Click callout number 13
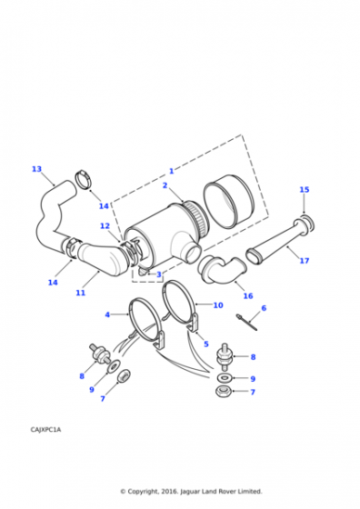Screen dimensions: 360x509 click(x=36, y=169)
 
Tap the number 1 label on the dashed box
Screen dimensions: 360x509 click(x=172, y=171)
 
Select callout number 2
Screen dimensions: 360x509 click(x=165, y=185)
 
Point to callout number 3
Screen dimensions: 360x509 click(x=159, y=274)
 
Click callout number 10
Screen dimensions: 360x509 click(x=218, y=305)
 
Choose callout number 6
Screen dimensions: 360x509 click(x=264, y=308)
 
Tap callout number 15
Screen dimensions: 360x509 click(x=305, y=189)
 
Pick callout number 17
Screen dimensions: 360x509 click(x=305, y=260)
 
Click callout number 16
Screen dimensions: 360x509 click(x=248, y=295)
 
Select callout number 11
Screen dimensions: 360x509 click(x=81, y=293)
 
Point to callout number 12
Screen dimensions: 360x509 click(x=105, y=225)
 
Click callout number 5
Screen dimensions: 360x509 click(x=206, y=344)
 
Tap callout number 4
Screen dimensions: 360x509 click(x=107, y=314)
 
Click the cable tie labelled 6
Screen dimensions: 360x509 click(x=246, y=322)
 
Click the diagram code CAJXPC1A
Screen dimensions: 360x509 click(x=45, y=430)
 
